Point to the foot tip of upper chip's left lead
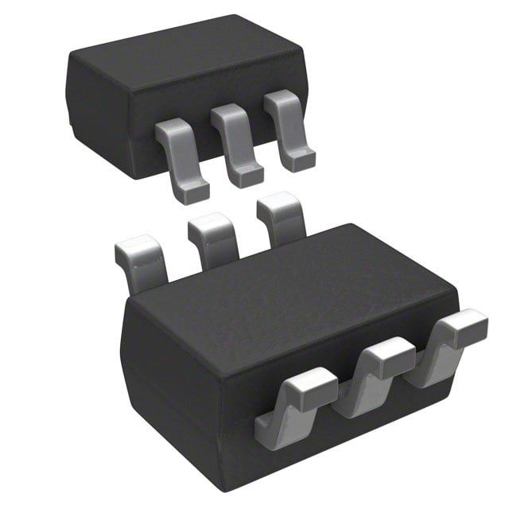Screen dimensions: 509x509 tap(193, 191)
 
